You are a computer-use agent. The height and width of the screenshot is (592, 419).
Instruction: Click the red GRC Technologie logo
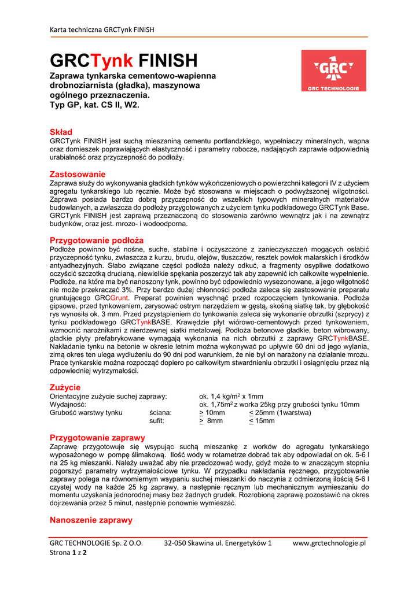(x=333, y=71)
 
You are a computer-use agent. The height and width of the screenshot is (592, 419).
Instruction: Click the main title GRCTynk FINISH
(x=123, y=60)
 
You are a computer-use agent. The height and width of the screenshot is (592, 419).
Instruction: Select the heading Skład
(x=61, y=132)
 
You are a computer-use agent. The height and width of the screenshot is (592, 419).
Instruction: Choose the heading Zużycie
(x=65, y=387)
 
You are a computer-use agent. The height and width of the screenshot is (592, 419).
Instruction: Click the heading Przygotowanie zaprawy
(x=97, y=438)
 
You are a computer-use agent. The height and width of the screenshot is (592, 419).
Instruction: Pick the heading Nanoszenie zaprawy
(x=91, y=520)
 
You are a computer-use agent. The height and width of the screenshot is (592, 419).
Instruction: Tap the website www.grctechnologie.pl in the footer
(x=329, y=543)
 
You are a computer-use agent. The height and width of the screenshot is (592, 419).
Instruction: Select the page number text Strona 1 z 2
(x=68, y=553)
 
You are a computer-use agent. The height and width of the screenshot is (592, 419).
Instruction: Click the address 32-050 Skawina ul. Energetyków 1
(x=218, y=543)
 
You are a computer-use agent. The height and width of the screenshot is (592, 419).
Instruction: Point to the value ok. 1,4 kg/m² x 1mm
(x=231, y=396)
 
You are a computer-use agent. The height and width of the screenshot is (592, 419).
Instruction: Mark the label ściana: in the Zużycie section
(x=160, y=413)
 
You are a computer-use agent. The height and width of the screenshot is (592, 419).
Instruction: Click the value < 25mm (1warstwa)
(x=280, y=413)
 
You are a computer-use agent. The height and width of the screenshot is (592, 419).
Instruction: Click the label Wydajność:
(x=68, y=405)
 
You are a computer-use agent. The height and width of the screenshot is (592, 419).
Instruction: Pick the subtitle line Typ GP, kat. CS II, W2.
(x=94, y=105)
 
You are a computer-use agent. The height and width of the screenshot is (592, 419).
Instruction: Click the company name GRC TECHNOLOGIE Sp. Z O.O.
(x=95, y=543)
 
